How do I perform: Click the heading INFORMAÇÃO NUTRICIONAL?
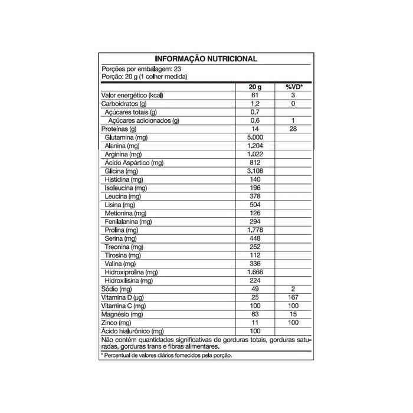click(x=205, y=59)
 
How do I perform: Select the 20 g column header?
click(x=255, y=86)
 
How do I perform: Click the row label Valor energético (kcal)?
click(x=132, y=95)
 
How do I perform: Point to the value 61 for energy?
click(x=255, y=95)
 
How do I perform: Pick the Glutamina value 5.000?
click(x=255, y=137)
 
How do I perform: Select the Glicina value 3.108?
click(x=255, y=171)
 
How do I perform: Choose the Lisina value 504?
click(x=255, y=204)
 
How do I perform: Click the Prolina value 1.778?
click(x=255, y=230)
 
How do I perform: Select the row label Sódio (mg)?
click(x=116, y=290)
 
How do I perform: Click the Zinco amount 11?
click(x=255, y=323)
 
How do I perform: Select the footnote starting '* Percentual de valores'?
click(x=166, y=356)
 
